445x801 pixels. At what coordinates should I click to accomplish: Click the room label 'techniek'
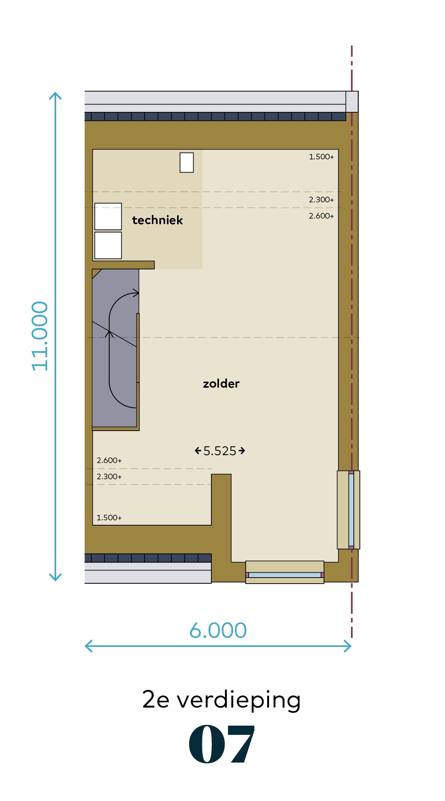point(158,220)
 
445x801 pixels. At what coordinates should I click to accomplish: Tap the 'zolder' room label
point(221,384)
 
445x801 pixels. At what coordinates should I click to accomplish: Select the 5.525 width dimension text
point(220,451)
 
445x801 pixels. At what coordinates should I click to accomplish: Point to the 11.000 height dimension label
point(40,336)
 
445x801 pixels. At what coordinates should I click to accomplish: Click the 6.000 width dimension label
point(218,630)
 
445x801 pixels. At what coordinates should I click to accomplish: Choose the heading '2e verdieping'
point(222,700)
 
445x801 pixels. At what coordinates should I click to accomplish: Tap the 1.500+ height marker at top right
point(321,157)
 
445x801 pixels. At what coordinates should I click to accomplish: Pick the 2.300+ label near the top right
point(321,200)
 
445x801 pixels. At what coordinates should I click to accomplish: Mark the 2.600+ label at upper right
point(321,216)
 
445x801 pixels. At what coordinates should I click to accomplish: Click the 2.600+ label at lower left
point(109,460)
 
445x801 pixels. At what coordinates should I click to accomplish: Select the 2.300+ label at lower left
point(109,477)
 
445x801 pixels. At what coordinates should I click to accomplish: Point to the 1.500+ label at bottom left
point(109,518)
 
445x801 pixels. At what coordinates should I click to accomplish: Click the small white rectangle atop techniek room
point(187,162)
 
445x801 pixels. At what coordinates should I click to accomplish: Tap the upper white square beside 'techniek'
point(108,216)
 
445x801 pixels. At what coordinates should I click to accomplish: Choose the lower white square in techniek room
point(108,245)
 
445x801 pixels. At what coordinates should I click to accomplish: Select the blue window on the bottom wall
point(285,575)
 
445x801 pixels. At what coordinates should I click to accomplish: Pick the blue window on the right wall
point(351,510)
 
